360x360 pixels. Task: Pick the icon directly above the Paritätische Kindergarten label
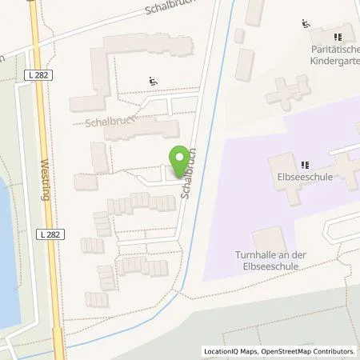(338, 37)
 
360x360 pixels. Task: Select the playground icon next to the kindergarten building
(305, 24)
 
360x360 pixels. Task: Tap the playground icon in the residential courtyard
(152, 81)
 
